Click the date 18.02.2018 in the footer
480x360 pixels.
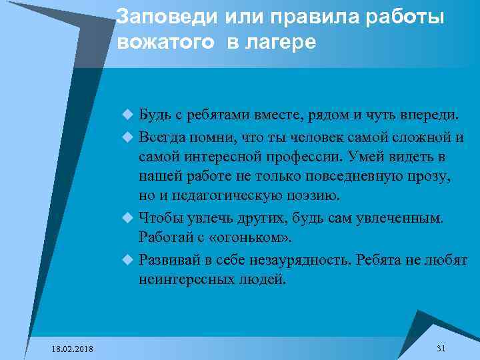73,349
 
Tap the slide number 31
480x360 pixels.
441,349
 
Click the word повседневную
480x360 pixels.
347,177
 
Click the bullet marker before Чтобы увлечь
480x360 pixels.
129,217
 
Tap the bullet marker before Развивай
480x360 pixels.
129,260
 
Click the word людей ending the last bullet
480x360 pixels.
263,279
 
